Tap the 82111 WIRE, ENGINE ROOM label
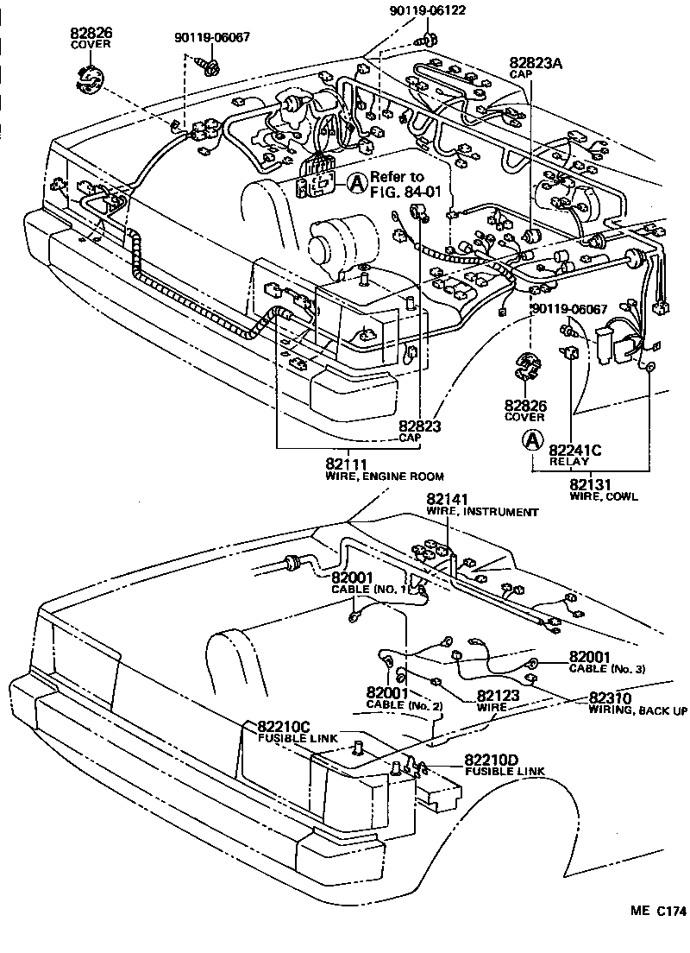point(384,470)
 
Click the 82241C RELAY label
point(574,454)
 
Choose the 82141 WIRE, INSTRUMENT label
point(482,505)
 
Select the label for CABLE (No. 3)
point(606,662)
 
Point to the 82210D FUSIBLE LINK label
point(504,765)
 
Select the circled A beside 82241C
point(534,440)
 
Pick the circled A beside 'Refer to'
point(357,181)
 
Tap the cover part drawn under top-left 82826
point(90,82)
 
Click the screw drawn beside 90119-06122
point(425,41)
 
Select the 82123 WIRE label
point(492,700)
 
